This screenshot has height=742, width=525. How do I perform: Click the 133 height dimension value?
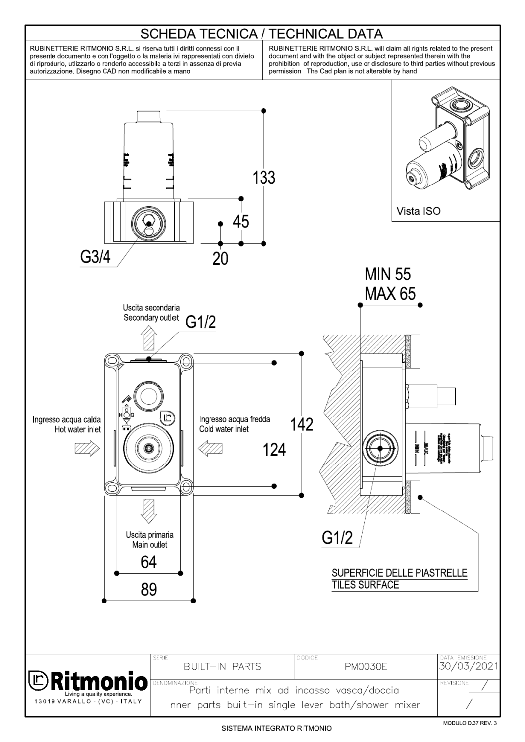tap(264, 177)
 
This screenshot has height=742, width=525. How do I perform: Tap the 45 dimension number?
tap(241, 221)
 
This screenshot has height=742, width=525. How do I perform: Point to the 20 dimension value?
tap(220, 258)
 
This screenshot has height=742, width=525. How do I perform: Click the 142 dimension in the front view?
tap(302, 424)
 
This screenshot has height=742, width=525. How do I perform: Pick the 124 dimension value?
tap(274, 449)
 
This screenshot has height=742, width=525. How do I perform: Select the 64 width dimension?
tap(149, 562)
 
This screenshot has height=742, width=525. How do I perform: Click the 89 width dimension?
tap(149, 589)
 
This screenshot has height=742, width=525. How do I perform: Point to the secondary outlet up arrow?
tap(148, 340)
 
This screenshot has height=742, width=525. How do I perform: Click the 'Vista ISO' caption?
tap(419, 211)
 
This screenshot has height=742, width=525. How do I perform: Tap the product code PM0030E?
tap(366, 667)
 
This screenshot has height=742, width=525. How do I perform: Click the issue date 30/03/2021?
tap(469, 666)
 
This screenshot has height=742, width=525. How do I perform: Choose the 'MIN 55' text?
tap(388, 274)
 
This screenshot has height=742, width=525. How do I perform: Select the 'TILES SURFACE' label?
tap(366, 585)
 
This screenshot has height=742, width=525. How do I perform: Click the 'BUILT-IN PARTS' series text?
tap(222, 667)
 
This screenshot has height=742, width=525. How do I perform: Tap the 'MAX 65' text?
tap(390, 294)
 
